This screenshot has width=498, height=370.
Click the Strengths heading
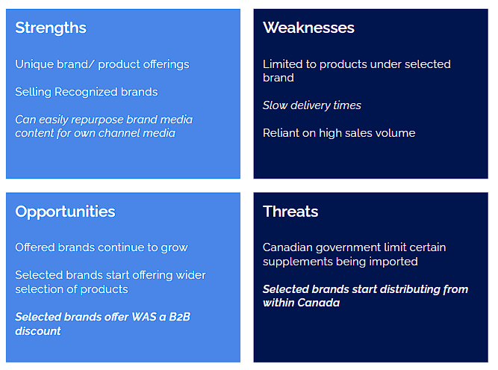click(x=51, y=28)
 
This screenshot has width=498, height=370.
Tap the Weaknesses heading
click(x=308, y=28)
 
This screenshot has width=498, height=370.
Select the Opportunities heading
click(x=65, y=212)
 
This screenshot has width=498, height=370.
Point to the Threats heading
click(x=290, y=212)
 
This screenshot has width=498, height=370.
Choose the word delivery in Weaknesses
click(x=314, y=105)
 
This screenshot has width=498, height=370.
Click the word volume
click(x=395, y=133)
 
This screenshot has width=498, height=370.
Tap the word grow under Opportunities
click(x=175, y=247)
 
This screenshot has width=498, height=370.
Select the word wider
click(x=190, y=275)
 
